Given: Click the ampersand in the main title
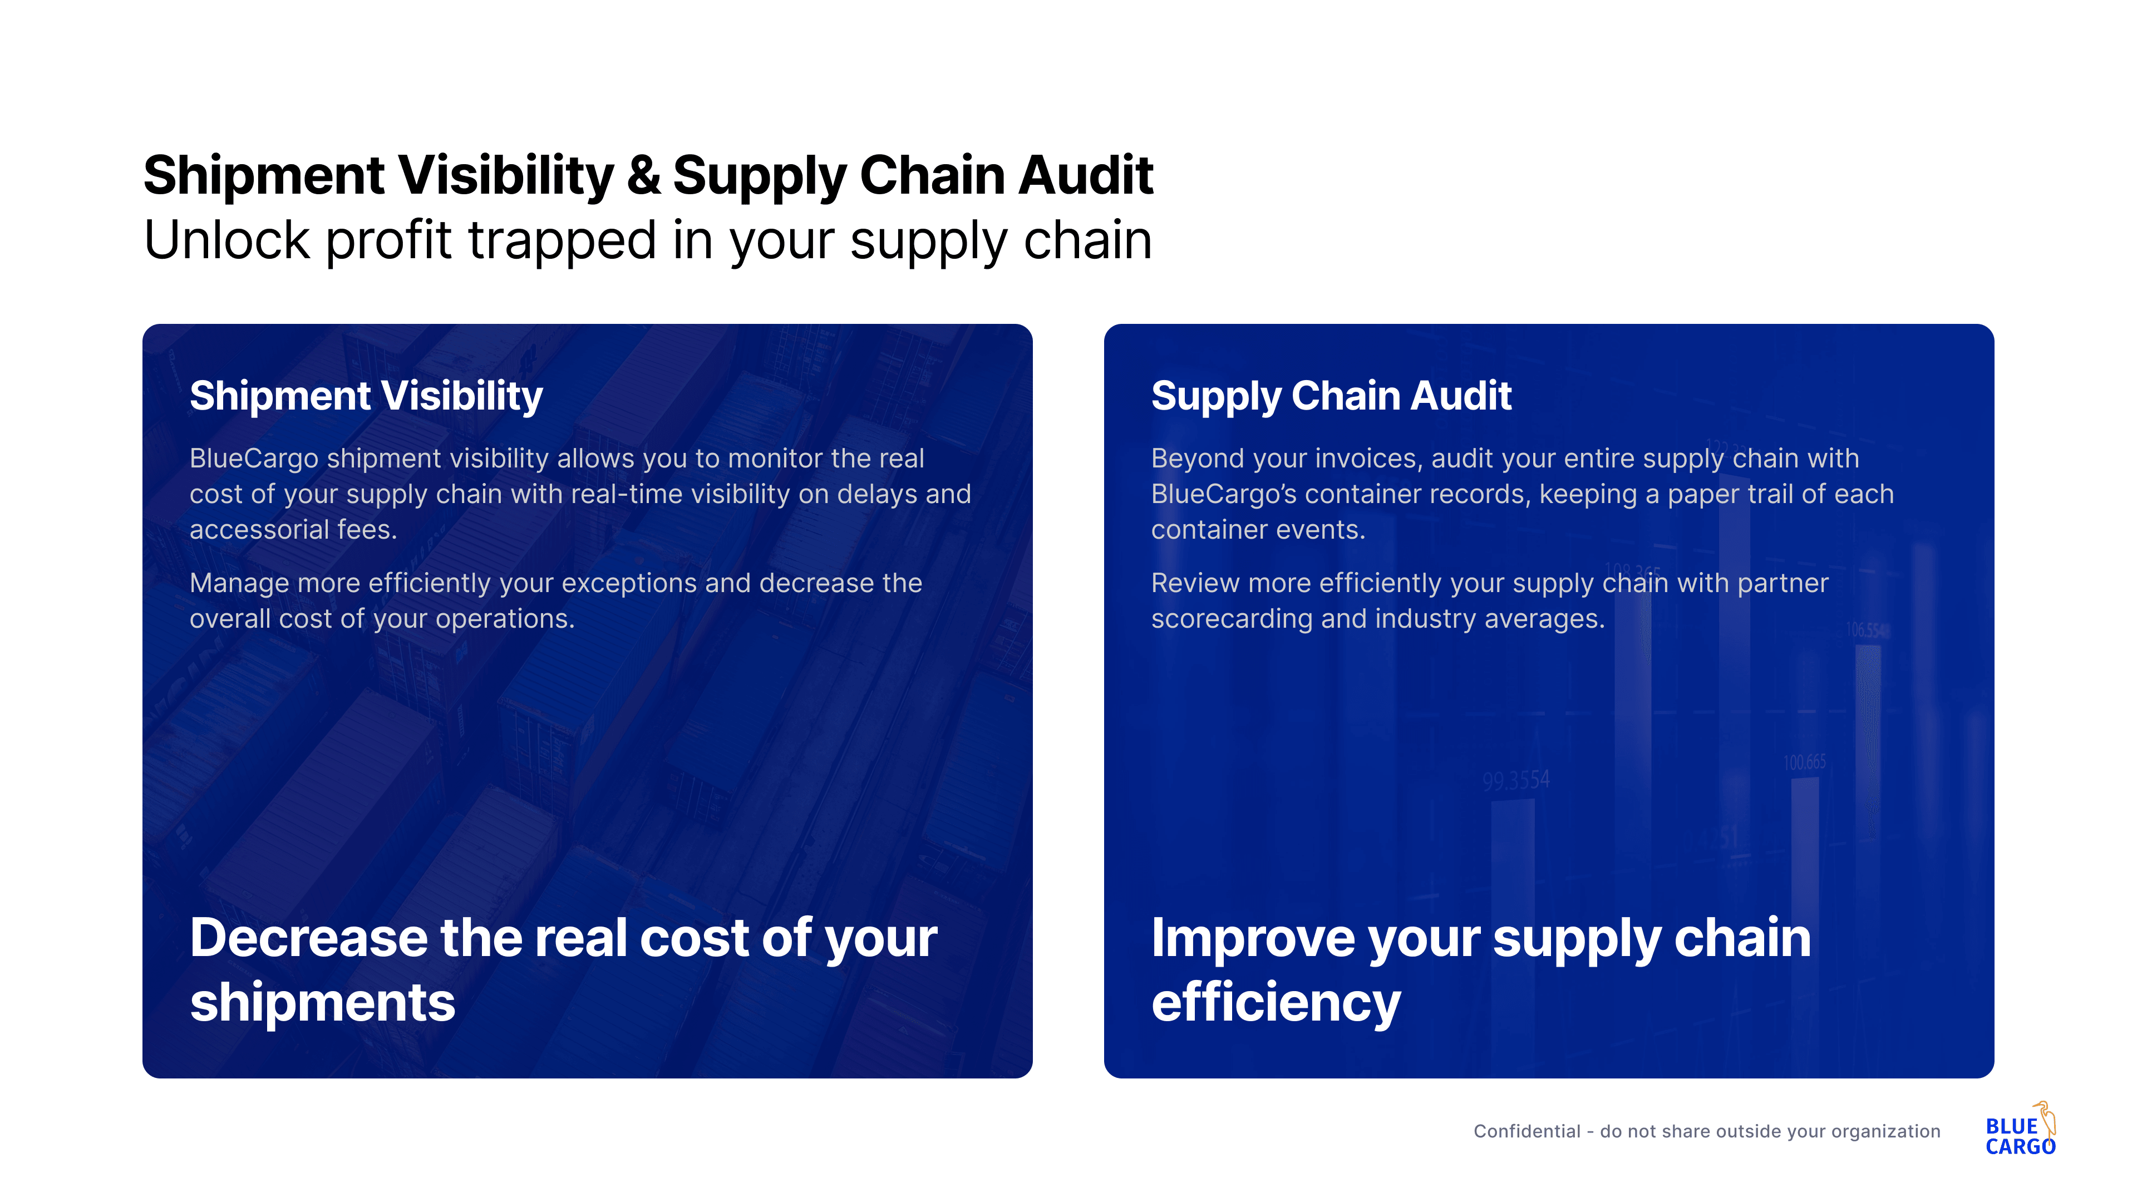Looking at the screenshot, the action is pos(644,176).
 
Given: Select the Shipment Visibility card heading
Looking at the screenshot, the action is pos(366,396).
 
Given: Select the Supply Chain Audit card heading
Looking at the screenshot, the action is pos(1332,396).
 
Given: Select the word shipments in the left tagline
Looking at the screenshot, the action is pos(323,1002).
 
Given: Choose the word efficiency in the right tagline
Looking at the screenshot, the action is pos(1276,1003).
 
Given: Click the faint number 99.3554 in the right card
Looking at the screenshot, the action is pos(1515,780).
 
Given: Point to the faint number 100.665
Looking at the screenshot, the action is pos(1804,761).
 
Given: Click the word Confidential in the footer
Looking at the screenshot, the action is pos(1527,1131).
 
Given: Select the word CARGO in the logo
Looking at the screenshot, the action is pos(2020,1146).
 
